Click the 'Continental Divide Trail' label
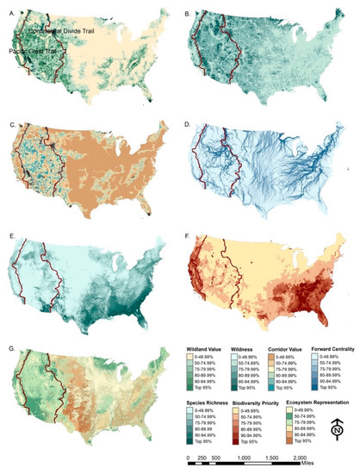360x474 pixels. click(x=60, y=31)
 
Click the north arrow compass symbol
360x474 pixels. click(x=337, y=427)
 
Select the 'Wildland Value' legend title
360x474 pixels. click(x=204, y=352)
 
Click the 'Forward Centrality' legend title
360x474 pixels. click(x=329, y=352)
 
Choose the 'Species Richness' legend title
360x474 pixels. click(x=205, y=402)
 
